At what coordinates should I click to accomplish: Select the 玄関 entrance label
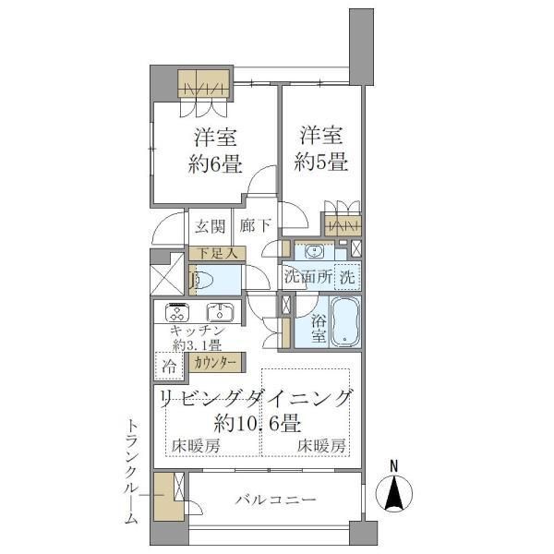coord(209,226)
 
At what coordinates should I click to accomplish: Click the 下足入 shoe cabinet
coord(215,252)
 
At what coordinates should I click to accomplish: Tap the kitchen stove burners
coord(175,312)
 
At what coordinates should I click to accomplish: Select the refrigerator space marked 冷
coord(169,365)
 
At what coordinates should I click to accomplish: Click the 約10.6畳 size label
coord(255,425)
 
